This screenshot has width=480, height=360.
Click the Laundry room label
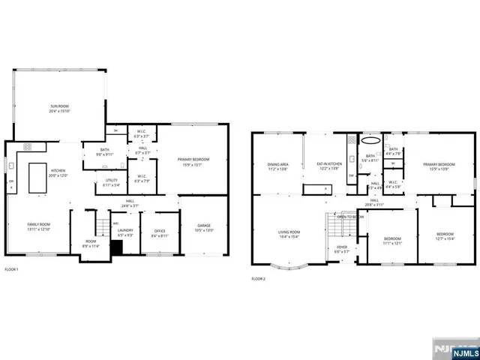coord(124,232)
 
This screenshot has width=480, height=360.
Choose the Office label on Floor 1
coord(160,232)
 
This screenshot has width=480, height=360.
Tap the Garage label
coord(203,227)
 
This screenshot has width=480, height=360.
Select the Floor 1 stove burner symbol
coord(28,147)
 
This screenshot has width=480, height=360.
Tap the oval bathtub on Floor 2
coord(370,139)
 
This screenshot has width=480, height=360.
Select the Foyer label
coord(342,248)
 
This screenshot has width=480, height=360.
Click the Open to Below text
coord(351,217)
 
